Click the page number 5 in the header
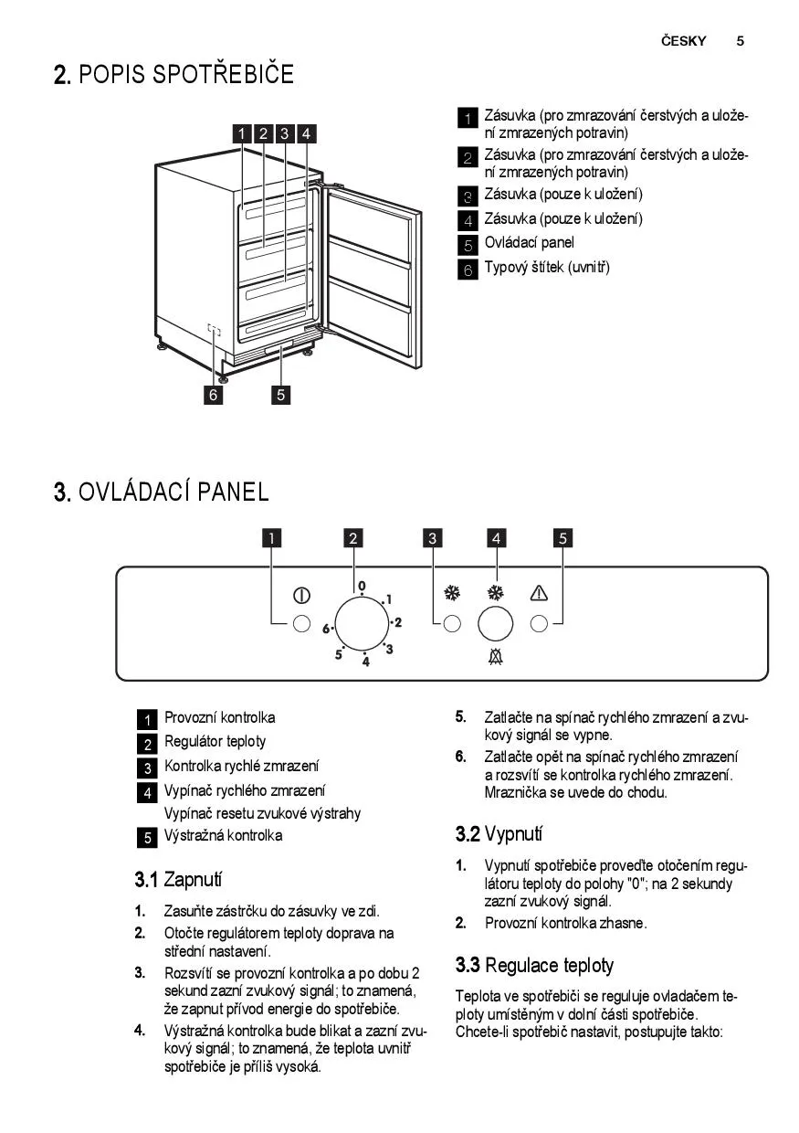coord(740,41)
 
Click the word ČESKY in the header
coord(683,40)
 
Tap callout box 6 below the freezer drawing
coord(213,395)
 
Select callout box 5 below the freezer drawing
coord(280,395)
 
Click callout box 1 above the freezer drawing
coord(242,133)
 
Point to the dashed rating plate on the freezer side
coord(215,330)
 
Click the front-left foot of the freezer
coord(223,376)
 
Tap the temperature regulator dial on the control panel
coord(362,623)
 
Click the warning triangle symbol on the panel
coord(539,593)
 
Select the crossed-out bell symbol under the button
coord(495,657)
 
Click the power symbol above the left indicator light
coord(301,596)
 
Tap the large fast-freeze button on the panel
coord(495,624)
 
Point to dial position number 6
coord(326,629)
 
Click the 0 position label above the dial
coord(362,586)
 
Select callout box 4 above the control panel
coord(496,538)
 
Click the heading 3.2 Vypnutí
coord(499,834)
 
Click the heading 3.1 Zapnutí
coord(178,880)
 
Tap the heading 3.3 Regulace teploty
coord(534,965)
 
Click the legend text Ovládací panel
coord(529,243)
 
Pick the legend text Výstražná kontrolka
coord(223,835)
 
